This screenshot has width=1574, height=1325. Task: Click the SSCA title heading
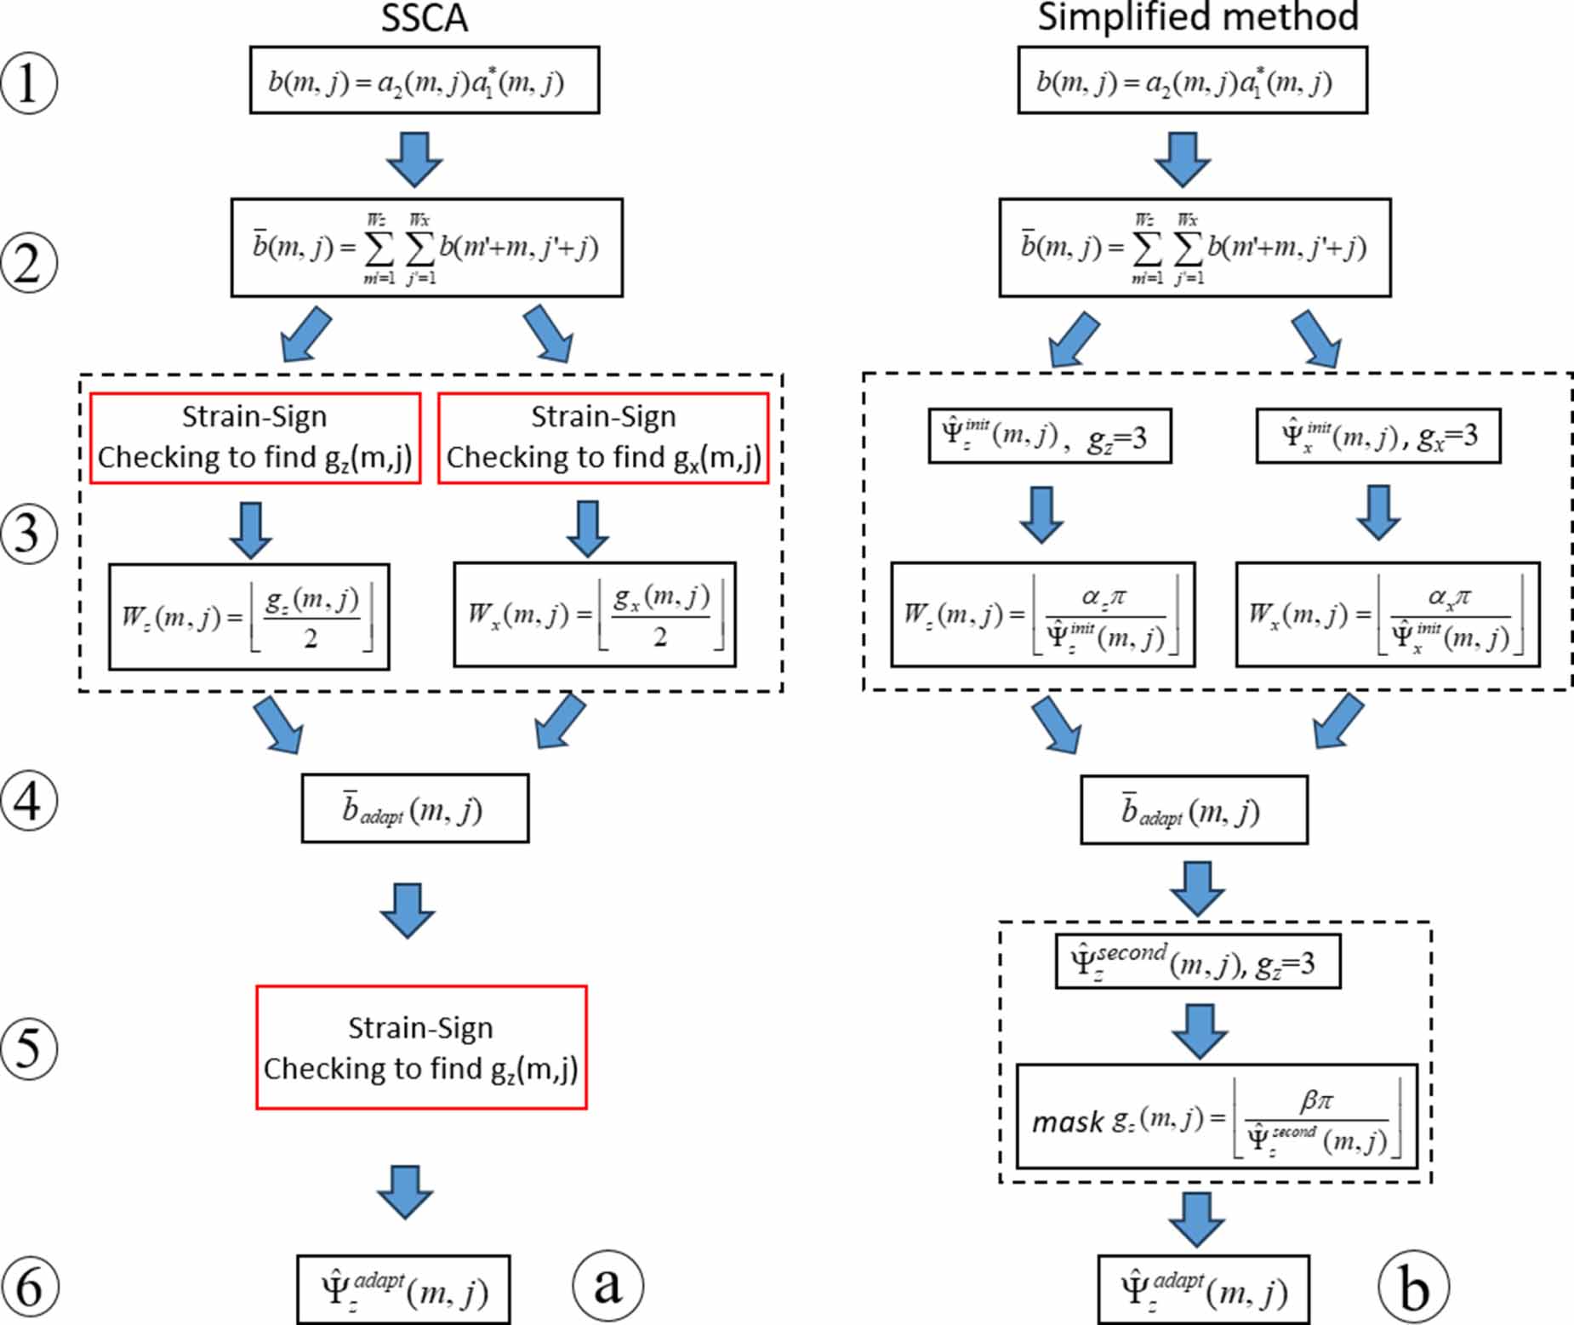(424, 19)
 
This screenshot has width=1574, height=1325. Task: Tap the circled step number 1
(29, 83)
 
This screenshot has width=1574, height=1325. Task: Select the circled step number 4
(29, 802)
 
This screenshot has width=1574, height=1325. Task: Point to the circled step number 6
(29, 1287)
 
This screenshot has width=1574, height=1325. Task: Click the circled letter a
(607, 1285)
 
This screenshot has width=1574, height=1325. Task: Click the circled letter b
(1413, 1287)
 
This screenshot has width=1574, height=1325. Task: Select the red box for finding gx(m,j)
(603, 437)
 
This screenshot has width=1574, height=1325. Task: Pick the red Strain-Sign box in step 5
(421, 1047)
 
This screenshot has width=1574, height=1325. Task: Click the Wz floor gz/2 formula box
(248, 616)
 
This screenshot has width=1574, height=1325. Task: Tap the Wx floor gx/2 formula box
(594, 614)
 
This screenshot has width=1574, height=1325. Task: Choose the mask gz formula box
(1216, 1116)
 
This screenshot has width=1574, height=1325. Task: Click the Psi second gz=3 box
(1197, 962)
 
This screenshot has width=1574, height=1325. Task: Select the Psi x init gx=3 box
(1377, 436)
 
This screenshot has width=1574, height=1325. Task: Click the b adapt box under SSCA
(414, 808)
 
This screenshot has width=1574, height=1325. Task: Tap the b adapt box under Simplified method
(1193, 810)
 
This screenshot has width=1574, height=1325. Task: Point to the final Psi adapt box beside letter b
(1202, 1289)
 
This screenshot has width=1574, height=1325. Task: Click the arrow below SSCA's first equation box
(414, 158)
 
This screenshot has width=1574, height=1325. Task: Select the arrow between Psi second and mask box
(1199, 1031)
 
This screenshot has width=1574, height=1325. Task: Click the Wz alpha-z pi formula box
(1042, 614)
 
